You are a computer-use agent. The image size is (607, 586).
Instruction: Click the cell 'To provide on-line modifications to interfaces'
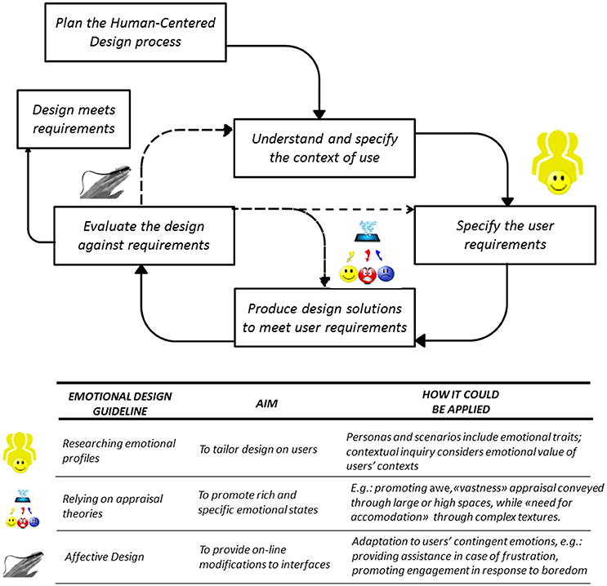pos(263,557)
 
